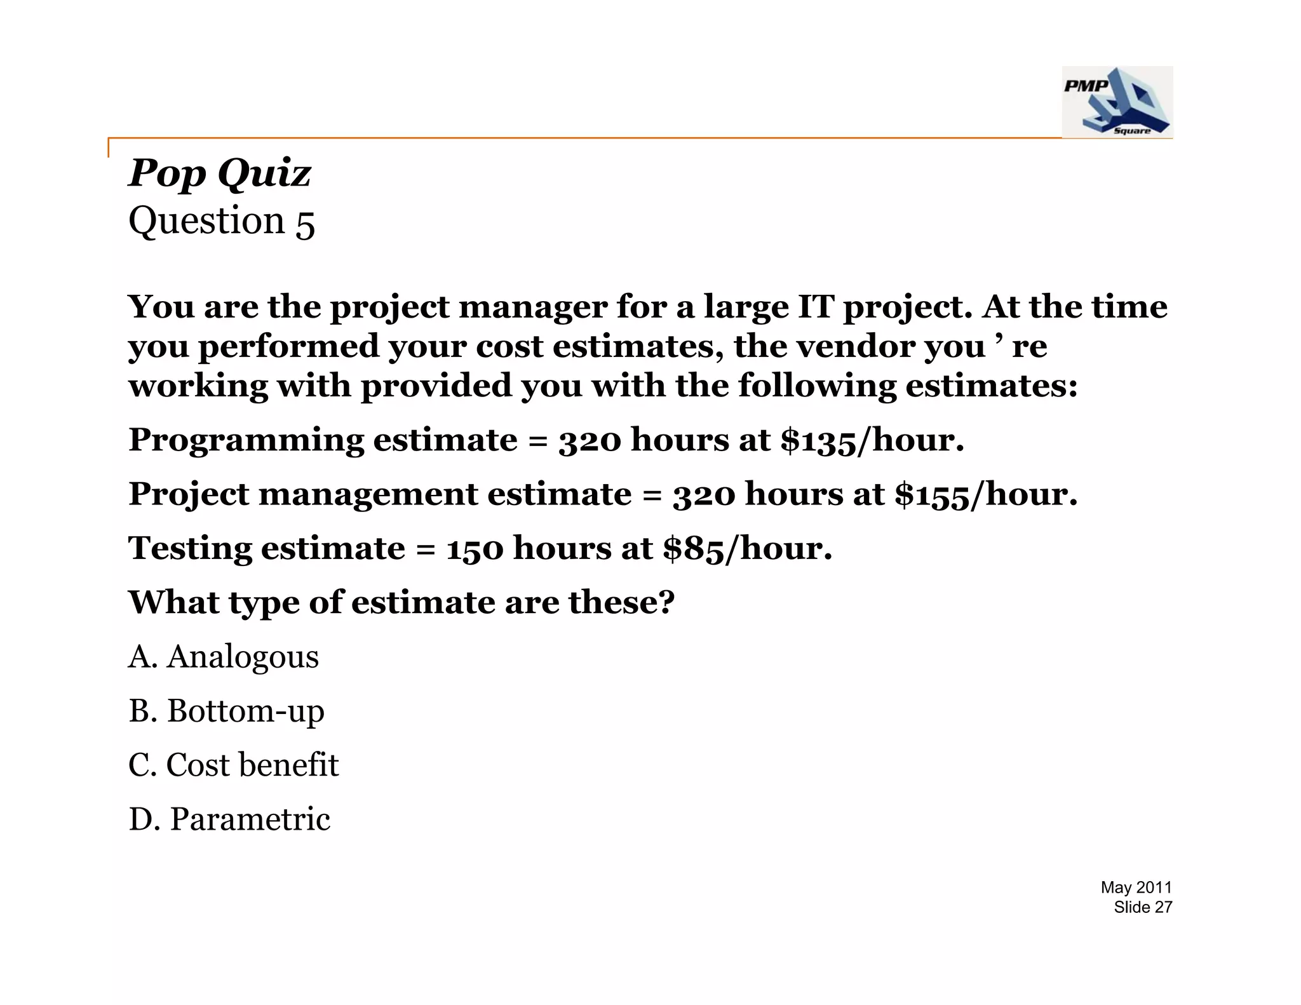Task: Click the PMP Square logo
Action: pos(1117,102)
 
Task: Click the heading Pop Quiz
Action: pos(220,173)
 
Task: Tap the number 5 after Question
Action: pos(305,223)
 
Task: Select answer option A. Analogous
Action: pos(224,656)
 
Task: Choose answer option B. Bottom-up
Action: pos(226,711)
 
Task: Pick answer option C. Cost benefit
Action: pos(233,765)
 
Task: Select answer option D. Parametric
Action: pos(229,819)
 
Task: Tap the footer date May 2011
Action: pos(1136,887)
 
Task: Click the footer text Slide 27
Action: pos(1142,907)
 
